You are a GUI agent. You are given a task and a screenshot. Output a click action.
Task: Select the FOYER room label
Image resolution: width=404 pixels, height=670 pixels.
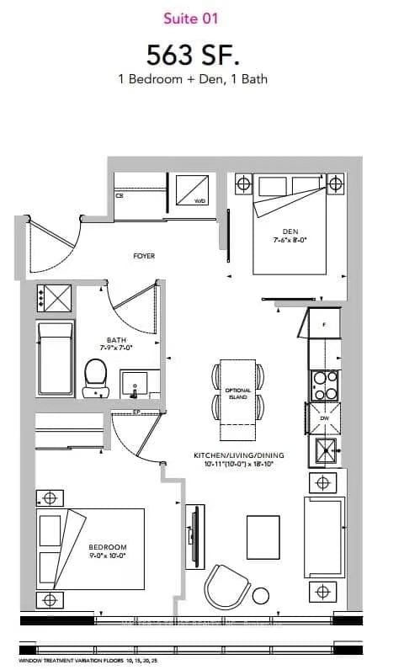pyautogui.click(x=144, y=256)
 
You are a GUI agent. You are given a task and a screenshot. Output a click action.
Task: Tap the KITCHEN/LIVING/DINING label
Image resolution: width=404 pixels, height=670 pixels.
pyautogui.click(x=239, y=455)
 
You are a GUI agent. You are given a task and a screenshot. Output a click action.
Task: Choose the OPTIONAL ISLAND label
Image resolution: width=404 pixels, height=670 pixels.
pyautogui.click(x=237, y=393)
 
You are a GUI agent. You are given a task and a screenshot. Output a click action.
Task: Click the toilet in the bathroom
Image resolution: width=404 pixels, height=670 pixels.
pyautogui.click(x=96, y=377)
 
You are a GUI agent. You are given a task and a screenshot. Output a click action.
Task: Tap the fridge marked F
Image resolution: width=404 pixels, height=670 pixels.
pyautogui.click(x=324, y=324)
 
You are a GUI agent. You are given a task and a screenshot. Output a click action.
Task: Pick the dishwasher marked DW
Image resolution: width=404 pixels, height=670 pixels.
pyautogui.click(x=324, y=417)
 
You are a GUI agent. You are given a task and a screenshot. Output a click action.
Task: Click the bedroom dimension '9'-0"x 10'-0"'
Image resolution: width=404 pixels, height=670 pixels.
pyautogui.click(x=106, y=556)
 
